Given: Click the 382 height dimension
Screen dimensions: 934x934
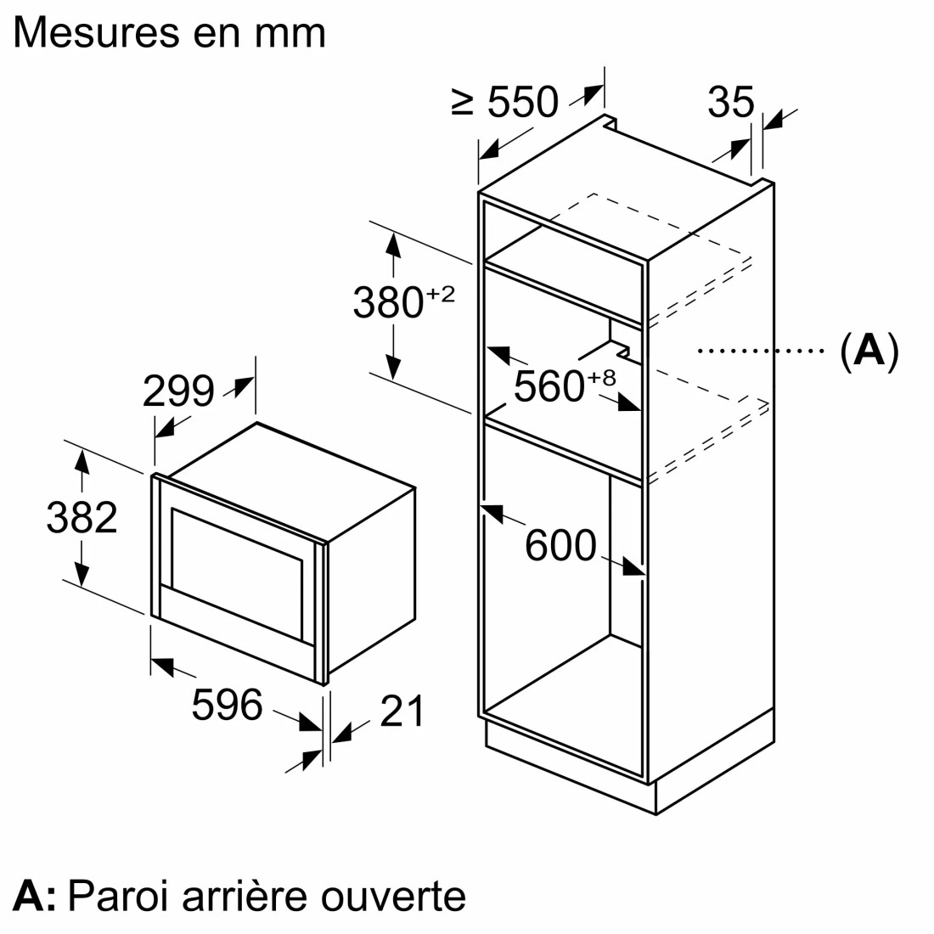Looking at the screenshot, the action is click(82, 517).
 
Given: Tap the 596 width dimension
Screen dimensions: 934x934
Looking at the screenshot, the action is click(227, 704).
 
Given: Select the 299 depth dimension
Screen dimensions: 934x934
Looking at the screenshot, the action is click(178, 391).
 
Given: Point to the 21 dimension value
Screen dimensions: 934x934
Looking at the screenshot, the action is click(402, 711).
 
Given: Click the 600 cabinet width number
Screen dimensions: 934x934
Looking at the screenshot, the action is click(560, 544).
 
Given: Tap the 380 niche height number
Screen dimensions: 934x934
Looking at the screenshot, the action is click(388, 302).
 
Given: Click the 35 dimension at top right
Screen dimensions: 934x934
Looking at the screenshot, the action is click(731, 102).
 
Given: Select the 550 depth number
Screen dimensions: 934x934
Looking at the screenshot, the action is click(523, 102).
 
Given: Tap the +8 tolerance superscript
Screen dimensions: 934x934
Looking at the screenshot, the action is click(601, 378).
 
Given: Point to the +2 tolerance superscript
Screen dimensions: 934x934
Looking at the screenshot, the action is click(440, 294).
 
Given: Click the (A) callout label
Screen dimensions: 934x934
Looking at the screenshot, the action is click(869, 351).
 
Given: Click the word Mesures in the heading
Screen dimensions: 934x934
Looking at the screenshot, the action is click(97, 33).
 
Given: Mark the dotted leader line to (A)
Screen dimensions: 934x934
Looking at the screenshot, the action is click(761, 351).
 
